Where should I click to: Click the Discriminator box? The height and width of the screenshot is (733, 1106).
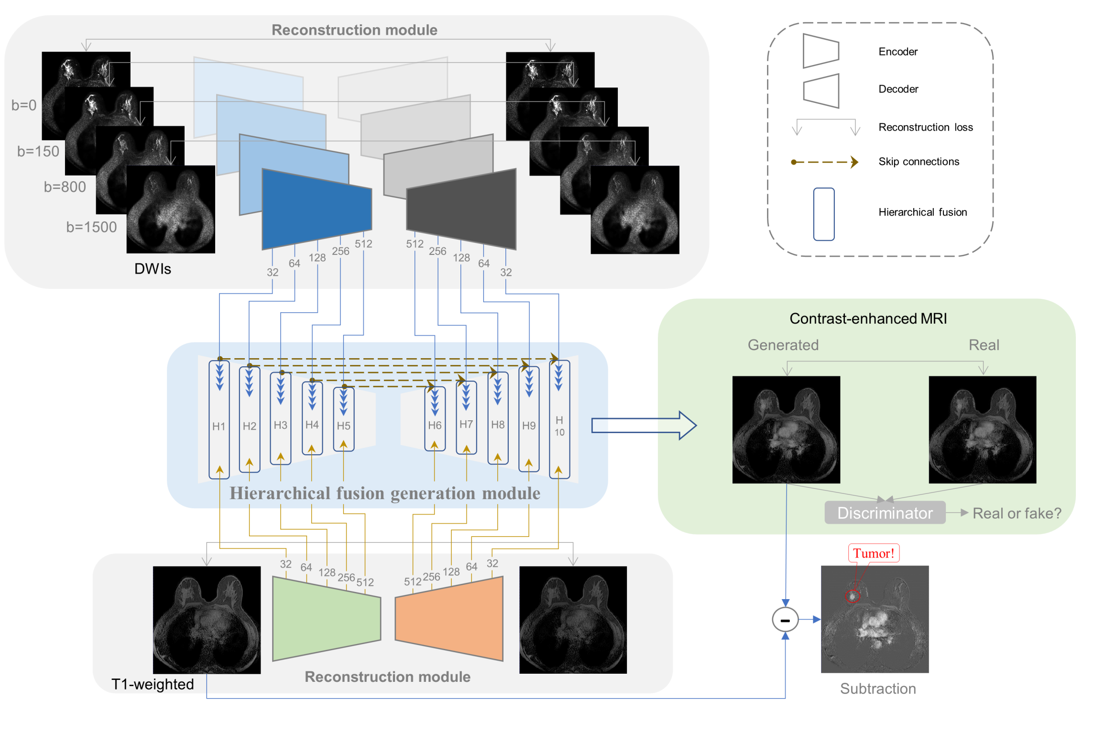coord(884,513)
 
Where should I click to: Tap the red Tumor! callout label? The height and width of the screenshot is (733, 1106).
coord(873,553)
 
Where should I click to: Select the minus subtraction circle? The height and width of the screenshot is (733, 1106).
coord(785,620)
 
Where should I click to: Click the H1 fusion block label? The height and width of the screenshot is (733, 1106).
coord(219,426)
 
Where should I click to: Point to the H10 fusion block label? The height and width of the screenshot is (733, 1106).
coord(559,426)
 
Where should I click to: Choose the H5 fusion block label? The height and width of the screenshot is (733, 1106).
coord(343,426)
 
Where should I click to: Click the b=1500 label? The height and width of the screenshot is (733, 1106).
coord(91,227)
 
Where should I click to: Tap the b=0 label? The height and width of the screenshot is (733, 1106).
coord(24,105)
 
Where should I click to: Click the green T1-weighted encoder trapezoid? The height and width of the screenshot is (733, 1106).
coord(326,619)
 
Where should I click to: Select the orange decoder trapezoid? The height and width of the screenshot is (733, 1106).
coord(449,619)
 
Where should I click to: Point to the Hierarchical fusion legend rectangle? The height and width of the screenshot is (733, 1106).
coord(823,214)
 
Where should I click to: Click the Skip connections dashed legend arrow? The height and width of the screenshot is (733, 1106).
coord(824,162)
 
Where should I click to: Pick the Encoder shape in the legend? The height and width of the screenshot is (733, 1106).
coord(820,51)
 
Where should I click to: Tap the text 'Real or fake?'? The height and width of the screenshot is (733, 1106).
coord(1017,513)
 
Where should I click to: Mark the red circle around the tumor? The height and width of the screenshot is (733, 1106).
coord(852,596)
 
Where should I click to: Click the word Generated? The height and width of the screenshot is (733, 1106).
coord(783,345)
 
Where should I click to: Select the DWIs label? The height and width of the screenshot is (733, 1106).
coord(153,269)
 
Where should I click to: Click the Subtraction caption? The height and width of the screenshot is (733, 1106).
coord(877,689)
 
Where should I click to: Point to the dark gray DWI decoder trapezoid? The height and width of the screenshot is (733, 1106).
coord(462,209)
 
